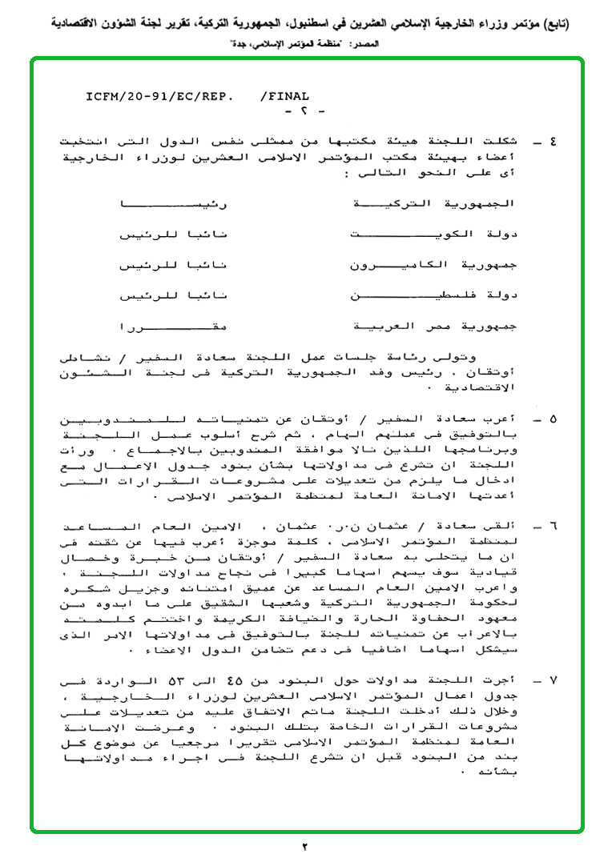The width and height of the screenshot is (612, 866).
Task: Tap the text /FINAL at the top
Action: tap(284, 96)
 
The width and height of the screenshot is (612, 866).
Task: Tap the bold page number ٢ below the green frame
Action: tap(304, 847)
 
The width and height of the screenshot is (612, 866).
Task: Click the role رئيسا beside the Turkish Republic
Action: tap(173, 204)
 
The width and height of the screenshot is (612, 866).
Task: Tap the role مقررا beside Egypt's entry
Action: tap(173, 327)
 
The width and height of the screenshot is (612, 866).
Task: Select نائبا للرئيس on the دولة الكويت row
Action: tap(173, 235)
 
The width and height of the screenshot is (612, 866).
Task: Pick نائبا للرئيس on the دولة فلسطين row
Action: tap(173, 296)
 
